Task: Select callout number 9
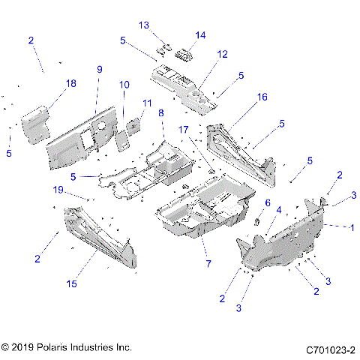[x=98, y=69]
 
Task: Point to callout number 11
[x=147, y=103]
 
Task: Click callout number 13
[x=144, y=25]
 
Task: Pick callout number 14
[x=200, y=35]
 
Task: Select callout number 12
[x=222, y=54]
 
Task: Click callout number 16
[x=262, y=97]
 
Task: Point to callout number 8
[x=160, y=112]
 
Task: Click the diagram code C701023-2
[x=329, y=349]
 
